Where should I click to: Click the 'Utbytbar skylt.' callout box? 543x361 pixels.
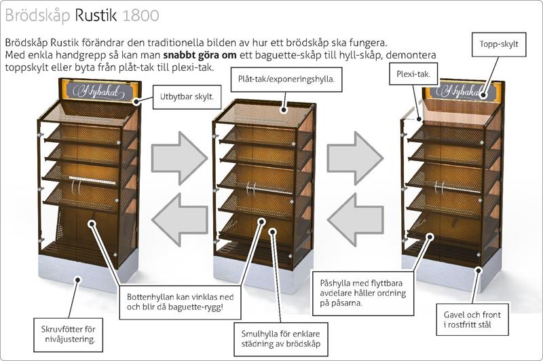coord(185,97)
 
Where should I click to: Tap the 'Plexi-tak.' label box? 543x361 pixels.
coord(413,73)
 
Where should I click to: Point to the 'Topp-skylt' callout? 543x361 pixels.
coord(498,44)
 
